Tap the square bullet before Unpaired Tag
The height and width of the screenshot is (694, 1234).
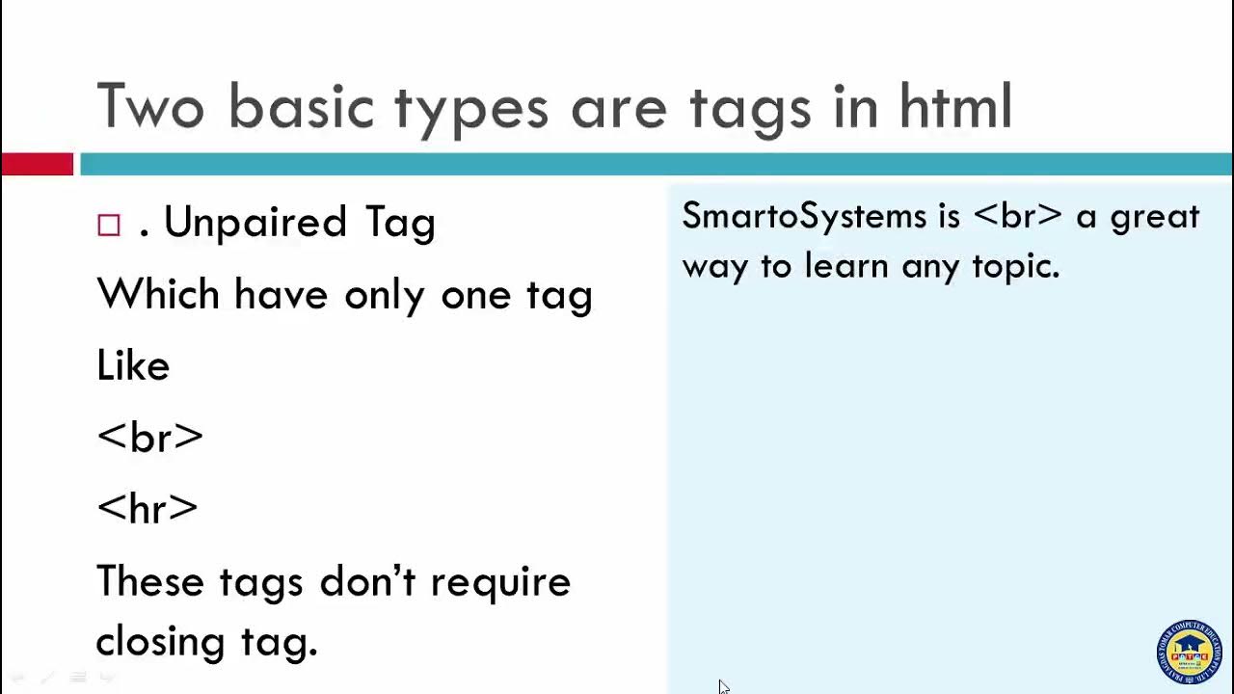[109, 225]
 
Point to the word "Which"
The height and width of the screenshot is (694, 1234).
[158, 294]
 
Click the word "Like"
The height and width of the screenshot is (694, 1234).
[133, 366]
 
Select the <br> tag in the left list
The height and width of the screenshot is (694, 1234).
[149, 437]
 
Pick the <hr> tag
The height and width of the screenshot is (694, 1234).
[148, 508]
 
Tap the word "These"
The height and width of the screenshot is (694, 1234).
[151, 581]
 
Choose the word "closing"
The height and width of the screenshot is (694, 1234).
[159, 641]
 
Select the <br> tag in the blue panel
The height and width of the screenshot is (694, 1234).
[1017, 216]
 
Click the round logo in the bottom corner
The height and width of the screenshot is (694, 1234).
[1189, 653]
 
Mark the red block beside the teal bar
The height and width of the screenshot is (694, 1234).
[37, 165]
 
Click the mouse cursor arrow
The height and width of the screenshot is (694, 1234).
[723, 686]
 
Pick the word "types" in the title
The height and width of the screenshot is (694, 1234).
[471, 108]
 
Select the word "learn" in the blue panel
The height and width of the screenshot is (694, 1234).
[845, 265]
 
